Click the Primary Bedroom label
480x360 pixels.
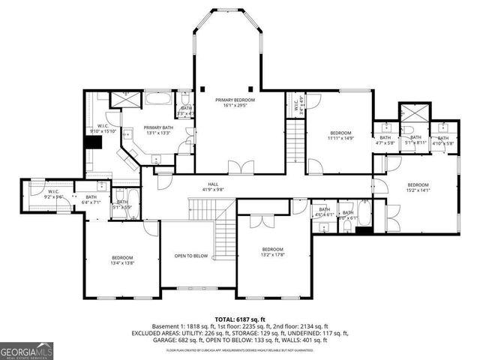[x=235, y=100]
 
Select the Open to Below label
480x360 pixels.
[x=190, y=255]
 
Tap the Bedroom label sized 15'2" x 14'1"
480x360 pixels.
[x=418, y=185]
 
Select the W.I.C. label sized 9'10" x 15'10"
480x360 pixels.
[x=103, y=125]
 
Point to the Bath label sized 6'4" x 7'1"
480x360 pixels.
[x=91, y=198]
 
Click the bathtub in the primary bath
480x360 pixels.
[x=159, y=98]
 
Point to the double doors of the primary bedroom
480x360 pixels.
[x=235, y=167]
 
